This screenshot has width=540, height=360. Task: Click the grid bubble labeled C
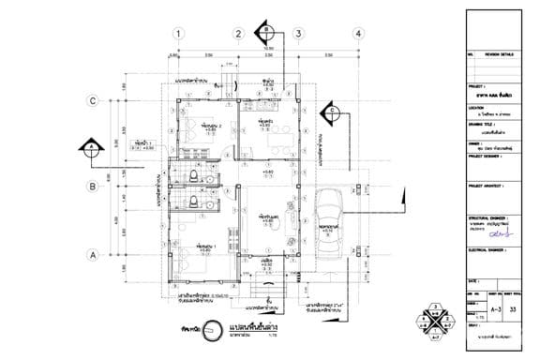coord(93,100)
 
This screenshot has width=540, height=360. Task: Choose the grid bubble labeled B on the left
coord(93,187)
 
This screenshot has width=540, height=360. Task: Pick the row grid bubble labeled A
coord(93,254)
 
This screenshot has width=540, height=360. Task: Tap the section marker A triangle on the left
coord(89,146)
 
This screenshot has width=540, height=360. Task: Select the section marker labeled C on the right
coord(332,114)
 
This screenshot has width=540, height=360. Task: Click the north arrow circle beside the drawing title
coord(187,331)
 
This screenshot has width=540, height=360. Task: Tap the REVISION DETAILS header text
coord(499,55)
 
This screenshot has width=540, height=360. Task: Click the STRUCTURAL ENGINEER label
coord(490,215)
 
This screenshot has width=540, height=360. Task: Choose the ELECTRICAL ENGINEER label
coord(489,250)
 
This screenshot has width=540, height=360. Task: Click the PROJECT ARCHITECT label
coord(488,186)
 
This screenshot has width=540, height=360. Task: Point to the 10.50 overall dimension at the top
coord(267,48)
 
